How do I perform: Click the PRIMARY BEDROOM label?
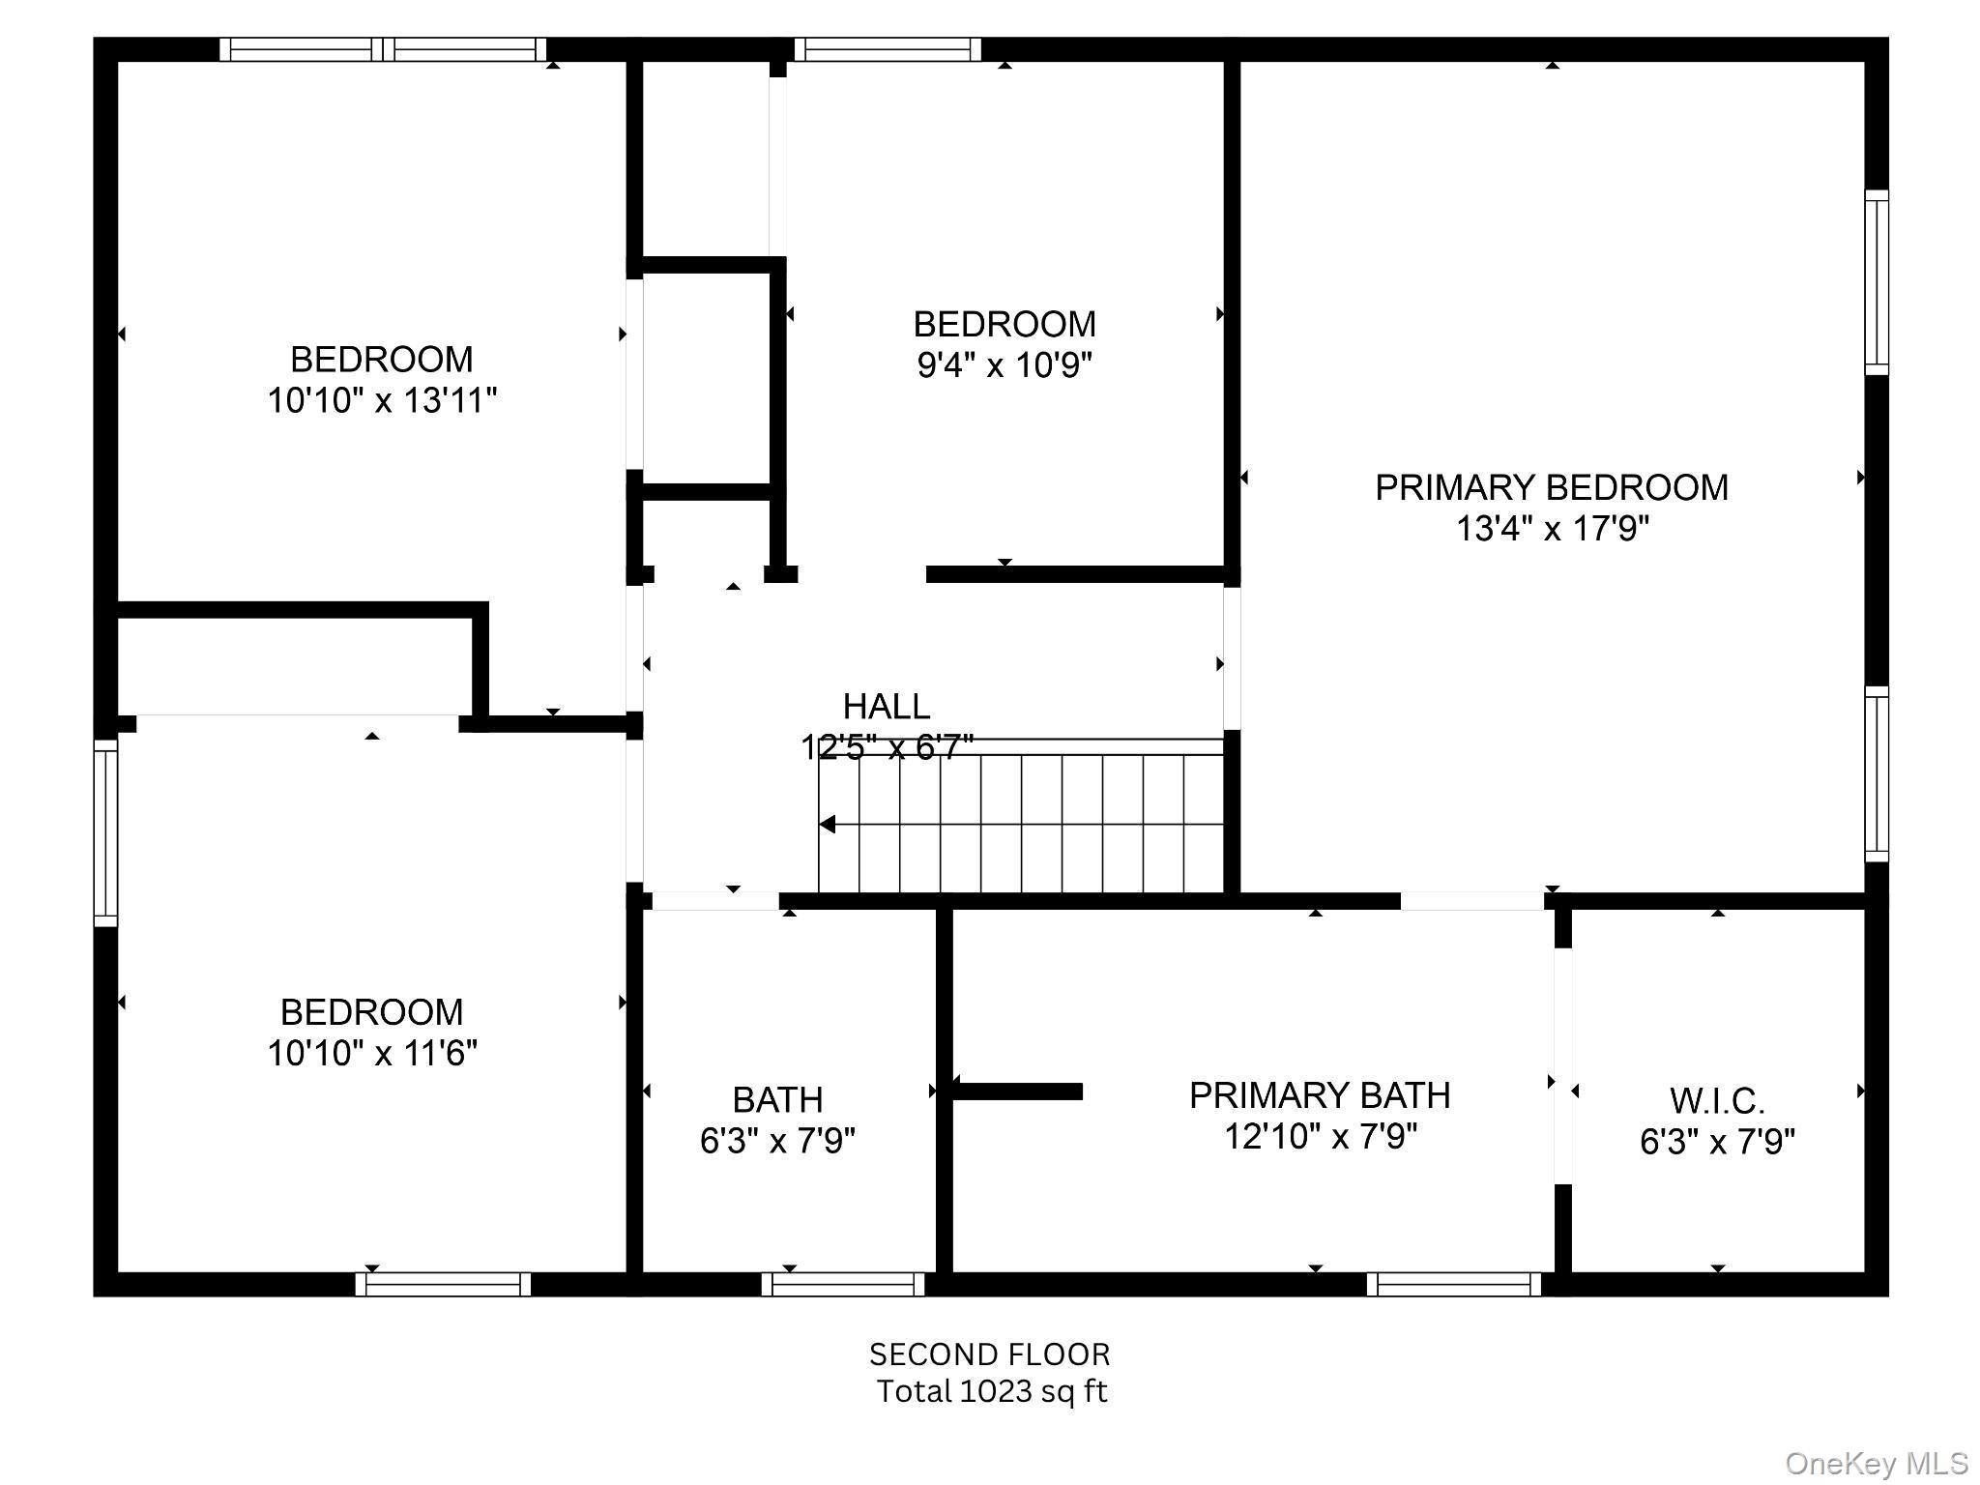coord(1551,487)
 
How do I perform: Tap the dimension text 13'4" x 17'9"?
coord(1552,529)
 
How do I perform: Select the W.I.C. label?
coord(1717,1101)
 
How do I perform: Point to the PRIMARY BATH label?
coord(1320,1095)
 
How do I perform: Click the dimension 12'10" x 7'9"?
coord(1320,1137)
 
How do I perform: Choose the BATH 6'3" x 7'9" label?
coord(777,1121)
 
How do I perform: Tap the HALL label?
coord(886,707)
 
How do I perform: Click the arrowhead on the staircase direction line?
coord(828,824)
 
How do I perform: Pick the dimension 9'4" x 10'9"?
coord(1005,365)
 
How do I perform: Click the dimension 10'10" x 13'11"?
coord(382,400)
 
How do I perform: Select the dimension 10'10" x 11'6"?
coord(372,1053)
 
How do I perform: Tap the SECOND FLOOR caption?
coord(989,1354)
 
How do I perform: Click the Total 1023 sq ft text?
coord(991,1391)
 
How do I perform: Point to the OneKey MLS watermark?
coord(1876,1463)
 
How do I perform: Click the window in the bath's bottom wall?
coord(843,1284)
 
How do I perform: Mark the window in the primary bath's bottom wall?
coord(1453,1284)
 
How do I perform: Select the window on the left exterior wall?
coord(105,832)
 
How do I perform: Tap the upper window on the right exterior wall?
coord(1876,282)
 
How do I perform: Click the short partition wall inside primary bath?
coord(1017,1092)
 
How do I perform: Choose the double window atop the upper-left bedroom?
coord(383,49)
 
